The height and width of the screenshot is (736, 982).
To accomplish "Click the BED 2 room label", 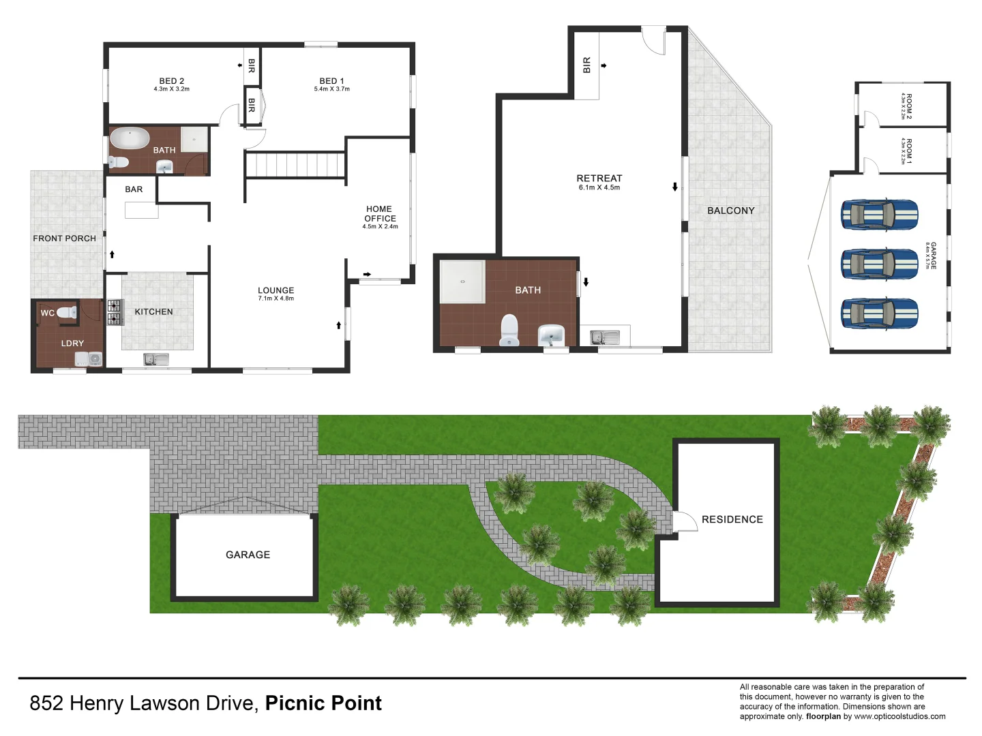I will [172, 81].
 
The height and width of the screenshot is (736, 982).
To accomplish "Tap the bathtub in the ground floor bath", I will [130, 138].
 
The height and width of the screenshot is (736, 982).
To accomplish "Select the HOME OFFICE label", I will [380, 214].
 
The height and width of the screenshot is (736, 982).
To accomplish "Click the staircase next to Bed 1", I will [295, 165].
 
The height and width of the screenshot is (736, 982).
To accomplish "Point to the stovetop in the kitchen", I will [114, 312].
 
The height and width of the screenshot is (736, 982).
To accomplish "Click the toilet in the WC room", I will [67, 313].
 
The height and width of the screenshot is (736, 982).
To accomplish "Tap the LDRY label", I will [72, 343].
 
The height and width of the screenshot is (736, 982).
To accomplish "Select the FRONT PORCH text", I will [64, 239].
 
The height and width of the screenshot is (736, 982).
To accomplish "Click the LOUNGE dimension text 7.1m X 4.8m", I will [276, 298].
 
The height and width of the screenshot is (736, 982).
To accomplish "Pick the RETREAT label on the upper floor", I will [599, 179].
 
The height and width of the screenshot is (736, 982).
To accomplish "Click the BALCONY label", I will [730, 211].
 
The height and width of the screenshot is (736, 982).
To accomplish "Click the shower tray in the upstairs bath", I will [462, 281].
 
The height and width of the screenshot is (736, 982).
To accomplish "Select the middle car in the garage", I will [879, 264].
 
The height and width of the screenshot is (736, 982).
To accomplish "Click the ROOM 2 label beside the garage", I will [908, 106].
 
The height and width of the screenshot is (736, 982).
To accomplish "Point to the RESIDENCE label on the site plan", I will [732, 519].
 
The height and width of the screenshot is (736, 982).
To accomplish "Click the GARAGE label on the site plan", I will [248, 555].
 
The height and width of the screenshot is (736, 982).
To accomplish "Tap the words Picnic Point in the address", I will [323, 703].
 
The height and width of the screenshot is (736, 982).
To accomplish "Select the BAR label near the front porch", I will [134, 189].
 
